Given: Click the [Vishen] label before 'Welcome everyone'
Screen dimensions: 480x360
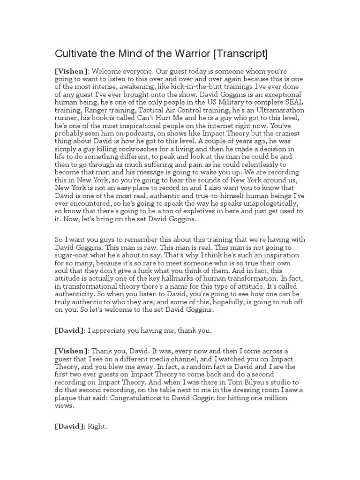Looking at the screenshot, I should (72, 71).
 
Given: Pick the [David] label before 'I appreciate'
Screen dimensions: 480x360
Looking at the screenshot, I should (70, 330).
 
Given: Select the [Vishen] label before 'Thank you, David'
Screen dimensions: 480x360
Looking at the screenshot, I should (72, 351).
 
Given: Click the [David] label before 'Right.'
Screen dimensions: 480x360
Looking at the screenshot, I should (70, 427).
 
